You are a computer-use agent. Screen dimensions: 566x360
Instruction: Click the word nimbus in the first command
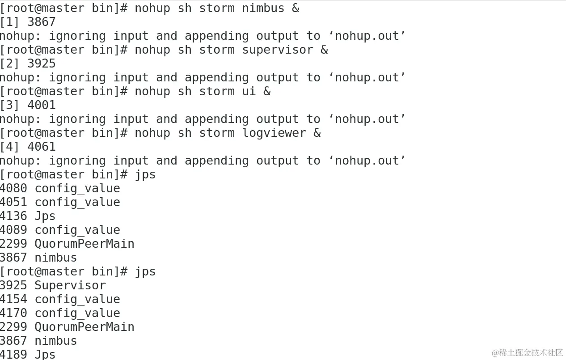tap(263, 8)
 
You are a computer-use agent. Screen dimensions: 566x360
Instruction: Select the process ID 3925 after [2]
tap(42, 64)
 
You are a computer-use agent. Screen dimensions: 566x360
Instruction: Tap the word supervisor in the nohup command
tap(278, 50)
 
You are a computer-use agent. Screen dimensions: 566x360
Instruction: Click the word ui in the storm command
tap(249, 91)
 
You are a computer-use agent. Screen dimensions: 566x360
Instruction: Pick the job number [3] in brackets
tap(9, 105)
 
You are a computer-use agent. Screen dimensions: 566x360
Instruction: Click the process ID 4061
tap(42, 147)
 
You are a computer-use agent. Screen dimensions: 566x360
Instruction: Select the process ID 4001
tap(42, 105)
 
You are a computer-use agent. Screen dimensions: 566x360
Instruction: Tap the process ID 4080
tap(13, 188)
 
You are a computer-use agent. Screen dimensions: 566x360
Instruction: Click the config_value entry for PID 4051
tap(77, 202)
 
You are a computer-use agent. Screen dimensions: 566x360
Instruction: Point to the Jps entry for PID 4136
tap(45, 216)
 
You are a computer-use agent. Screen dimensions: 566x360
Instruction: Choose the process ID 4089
tap(13, 230)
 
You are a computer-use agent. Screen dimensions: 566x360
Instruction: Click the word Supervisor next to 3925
tap(70, 285)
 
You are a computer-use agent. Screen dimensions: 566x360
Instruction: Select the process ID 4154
tap(13, 299)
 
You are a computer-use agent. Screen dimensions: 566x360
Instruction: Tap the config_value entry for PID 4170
tap(77, 313)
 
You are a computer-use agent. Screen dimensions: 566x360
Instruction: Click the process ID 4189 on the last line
tap(13, 354)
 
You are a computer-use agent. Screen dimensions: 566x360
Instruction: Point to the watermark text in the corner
tap(527, 352)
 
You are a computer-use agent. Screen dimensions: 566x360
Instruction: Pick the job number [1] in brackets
tap(9, 22)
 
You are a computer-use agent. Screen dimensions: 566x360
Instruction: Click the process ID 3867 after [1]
tap(42, 22)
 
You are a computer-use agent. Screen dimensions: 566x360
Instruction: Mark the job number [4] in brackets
tap(9, 147)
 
